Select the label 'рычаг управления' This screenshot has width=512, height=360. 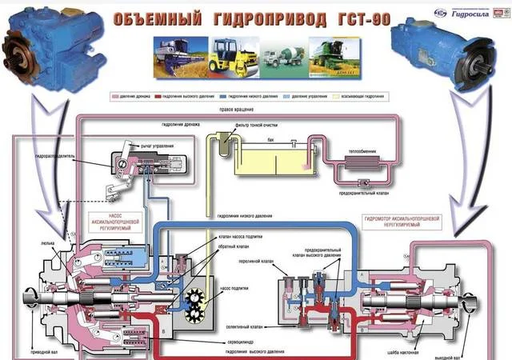(x=156, y=146)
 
